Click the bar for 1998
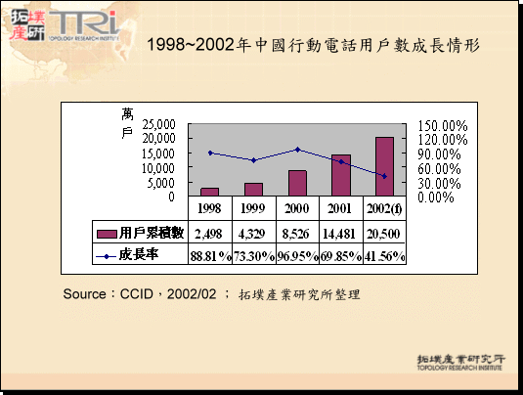[x=209, y=191]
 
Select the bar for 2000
[x=297, y=183]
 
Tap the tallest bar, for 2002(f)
[x=384, y=166]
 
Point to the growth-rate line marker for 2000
[x=297, y=150]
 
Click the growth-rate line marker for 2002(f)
[x=384, y=176]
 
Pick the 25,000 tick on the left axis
[x=157, y=125]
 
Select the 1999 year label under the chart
[x=253, y=209]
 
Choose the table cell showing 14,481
[x=341, y=233]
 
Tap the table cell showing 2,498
[x=209, y=233]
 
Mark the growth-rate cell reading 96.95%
[x=297, y=255]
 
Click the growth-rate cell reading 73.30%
[x=253, y=255]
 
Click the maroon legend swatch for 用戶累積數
[x=107, y=233]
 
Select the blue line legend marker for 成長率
[x=107, y=255]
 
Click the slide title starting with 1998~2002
[x=313, y=45]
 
